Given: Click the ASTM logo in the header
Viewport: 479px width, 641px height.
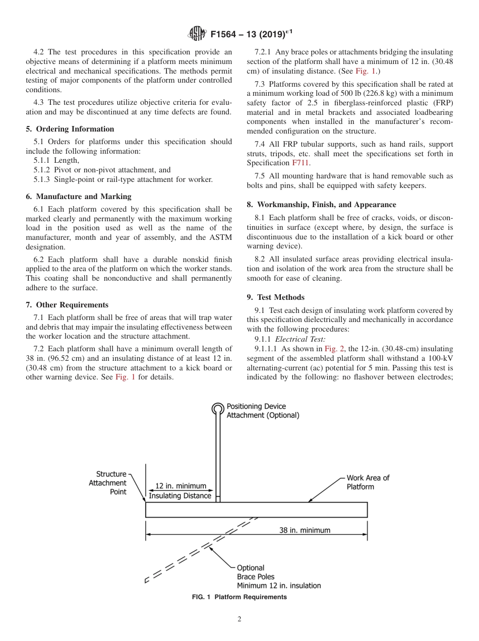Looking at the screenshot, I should click(x=197, y=34).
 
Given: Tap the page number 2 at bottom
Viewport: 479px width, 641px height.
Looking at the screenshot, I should click(x=239, y=619).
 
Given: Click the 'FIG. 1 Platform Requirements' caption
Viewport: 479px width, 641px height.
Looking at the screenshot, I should click(x=239, y=597).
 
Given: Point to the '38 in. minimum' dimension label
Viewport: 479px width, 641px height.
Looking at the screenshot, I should click(x=305, y=530).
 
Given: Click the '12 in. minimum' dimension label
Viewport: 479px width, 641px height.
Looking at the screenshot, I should click(x=180, y=486).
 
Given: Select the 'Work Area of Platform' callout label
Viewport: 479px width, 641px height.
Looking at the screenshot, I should click(x=368, y=482).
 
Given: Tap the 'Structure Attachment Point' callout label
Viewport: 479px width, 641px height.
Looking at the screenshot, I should click(x=111, y=483).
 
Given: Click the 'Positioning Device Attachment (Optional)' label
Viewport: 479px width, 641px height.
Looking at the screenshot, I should click(x=262, y=411).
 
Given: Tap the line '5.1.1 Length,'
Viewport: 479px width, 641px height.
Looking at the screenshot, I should click(x=55, y=160).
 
